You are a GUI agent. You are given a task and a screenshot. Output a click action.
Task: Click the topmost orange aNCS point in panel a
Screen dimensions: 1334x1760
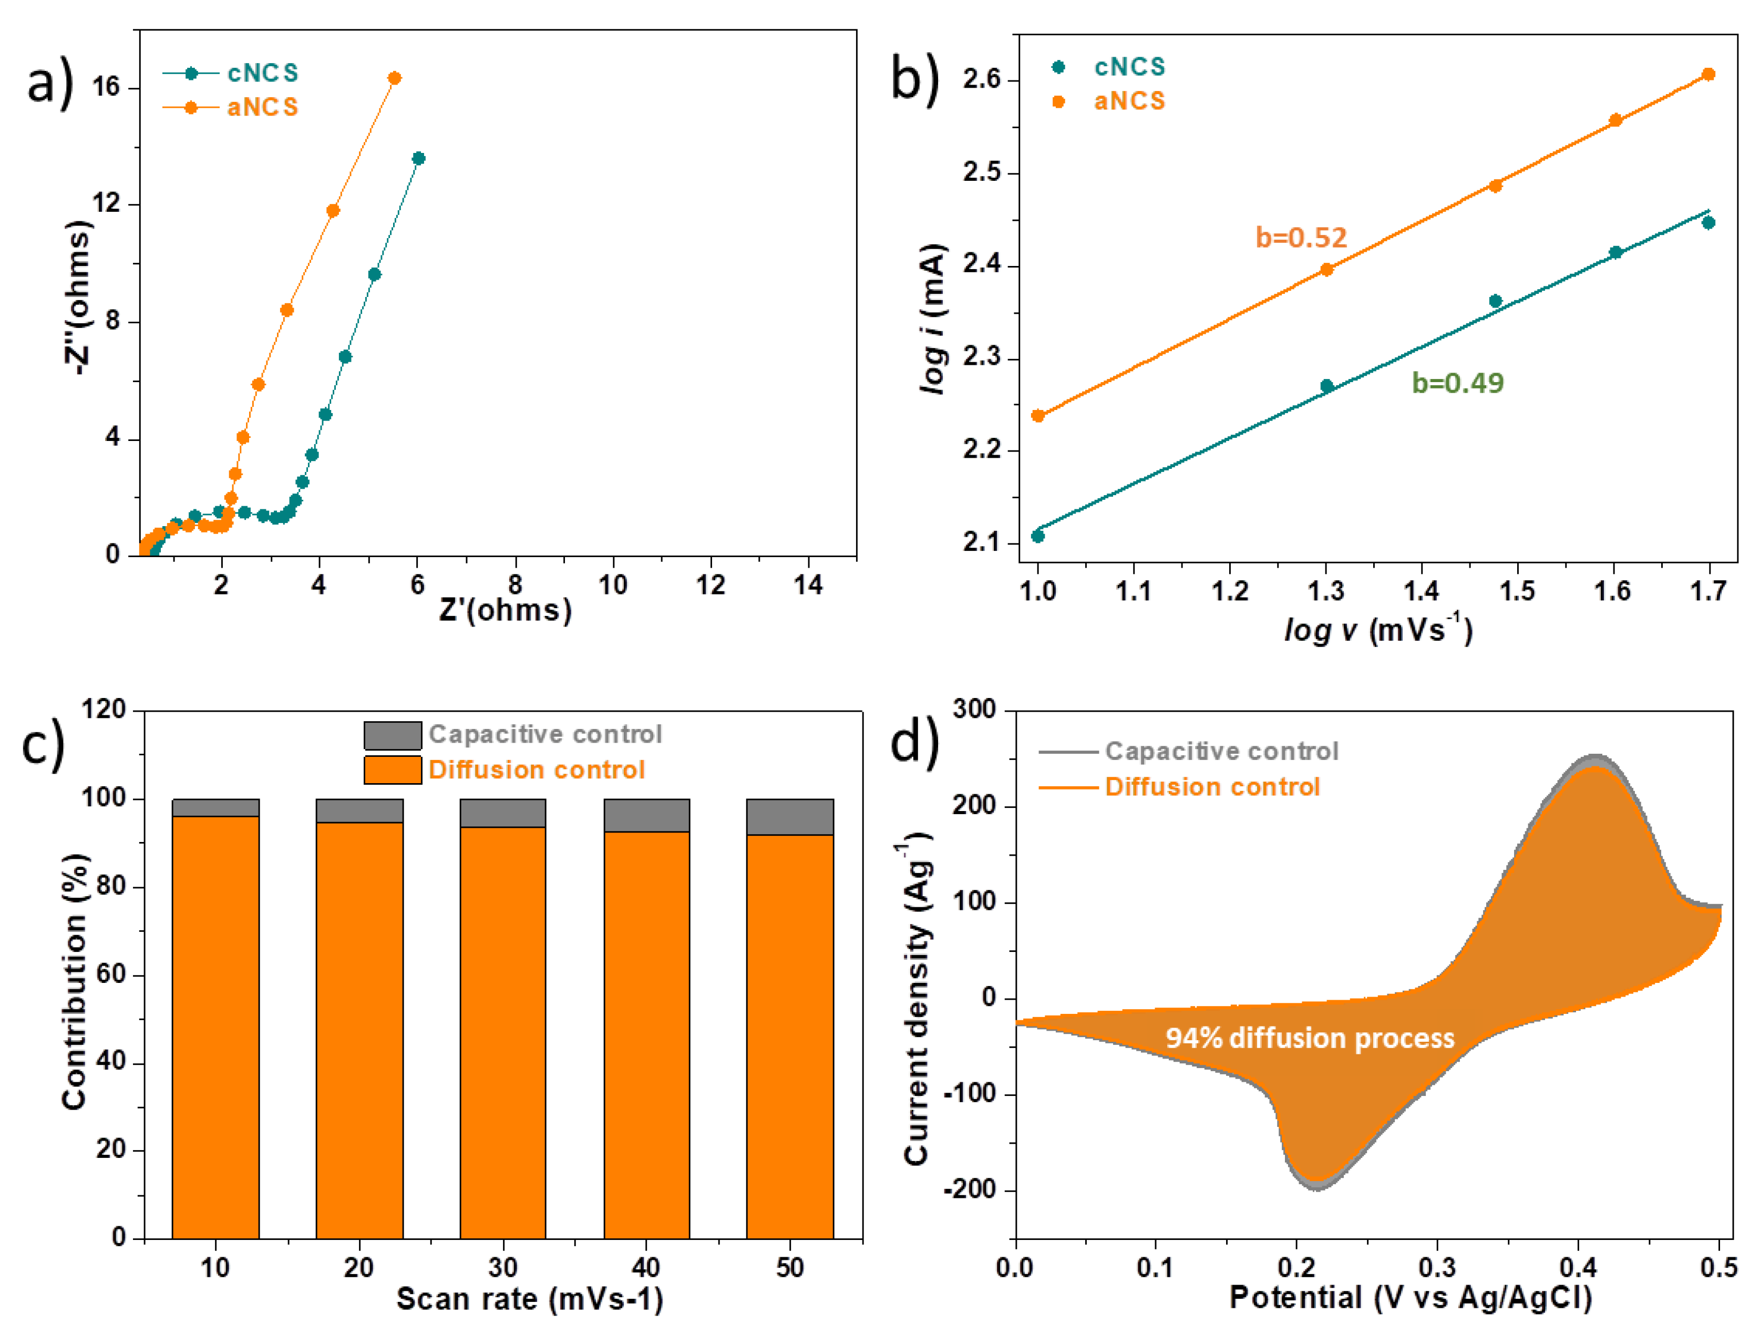click(x=394, y=78)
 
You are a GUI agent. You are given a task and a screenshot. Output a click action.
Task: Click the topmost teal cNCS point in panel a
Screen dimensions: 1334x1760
click(x=418, y=158)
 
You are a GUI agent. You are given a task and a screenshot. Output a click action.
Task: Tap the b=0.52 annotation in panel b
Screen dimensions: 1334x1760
click(x=1301, y=237)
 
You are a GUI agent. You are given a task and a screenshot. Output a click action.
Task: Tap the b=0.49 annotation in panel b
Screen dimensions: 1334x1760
click(x=1458, y=383)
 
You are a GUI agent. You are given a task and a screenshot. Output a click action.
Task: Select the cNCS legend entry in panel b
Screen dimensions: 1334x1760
click(x=1129, y=67)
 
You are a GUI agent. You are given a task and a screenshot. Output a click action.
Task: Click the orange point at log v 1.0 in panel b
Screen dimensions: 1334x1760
click(x=1037, y=415)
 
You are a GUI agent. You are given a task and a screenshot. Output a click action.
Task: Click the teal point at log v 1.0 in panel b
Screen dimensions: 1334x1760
click(x=1037, y=536)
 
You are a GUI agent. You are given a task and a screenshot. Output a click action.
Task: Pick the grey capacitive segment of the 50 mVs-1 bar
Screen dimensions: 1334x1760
click(x=789, y=817)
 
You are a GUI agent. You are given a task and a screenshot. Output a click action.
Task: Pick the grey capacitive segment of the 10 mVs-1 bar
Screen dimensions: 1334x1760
click(x=215, y=807)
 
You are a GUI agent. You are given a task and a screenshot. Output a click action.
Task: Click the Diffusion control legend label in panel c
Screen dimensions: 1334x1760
click(x=536, y=769)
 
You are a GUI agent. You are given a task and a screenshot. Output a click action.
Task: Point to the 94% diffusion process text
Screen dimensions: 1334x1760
click(x=1310, y=1038)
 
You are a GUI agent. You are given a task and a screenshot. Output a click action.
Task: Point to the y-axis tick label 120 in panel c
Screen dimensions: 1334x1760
click(x=104, y=709)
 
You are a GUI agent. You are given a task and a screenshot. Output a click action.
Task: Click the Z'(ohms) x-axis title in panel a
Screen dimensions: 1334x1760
click(x=505, y=610)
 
